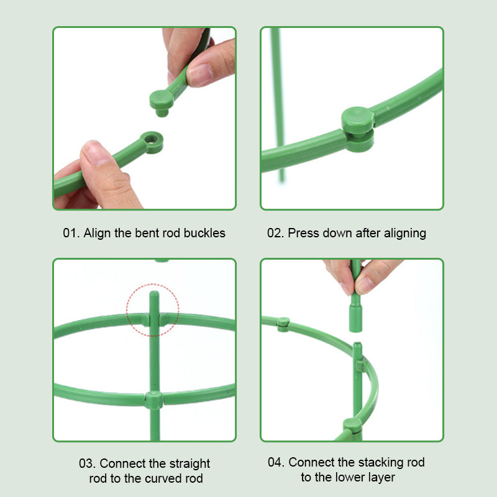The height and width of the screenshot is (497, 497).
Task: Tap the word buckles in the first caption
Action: pos(204,234)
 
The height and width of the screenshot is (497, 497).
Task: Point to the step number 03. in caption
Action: pos(88,463)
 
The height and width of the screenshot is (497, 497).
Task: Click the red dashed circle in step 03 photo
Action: pos(153,310)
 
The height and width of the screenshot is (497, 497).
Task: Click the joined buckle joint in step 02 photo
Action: pos(358,128)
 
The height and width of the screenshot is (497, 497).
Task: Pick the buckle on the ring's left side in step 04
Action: pos(283,323)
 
